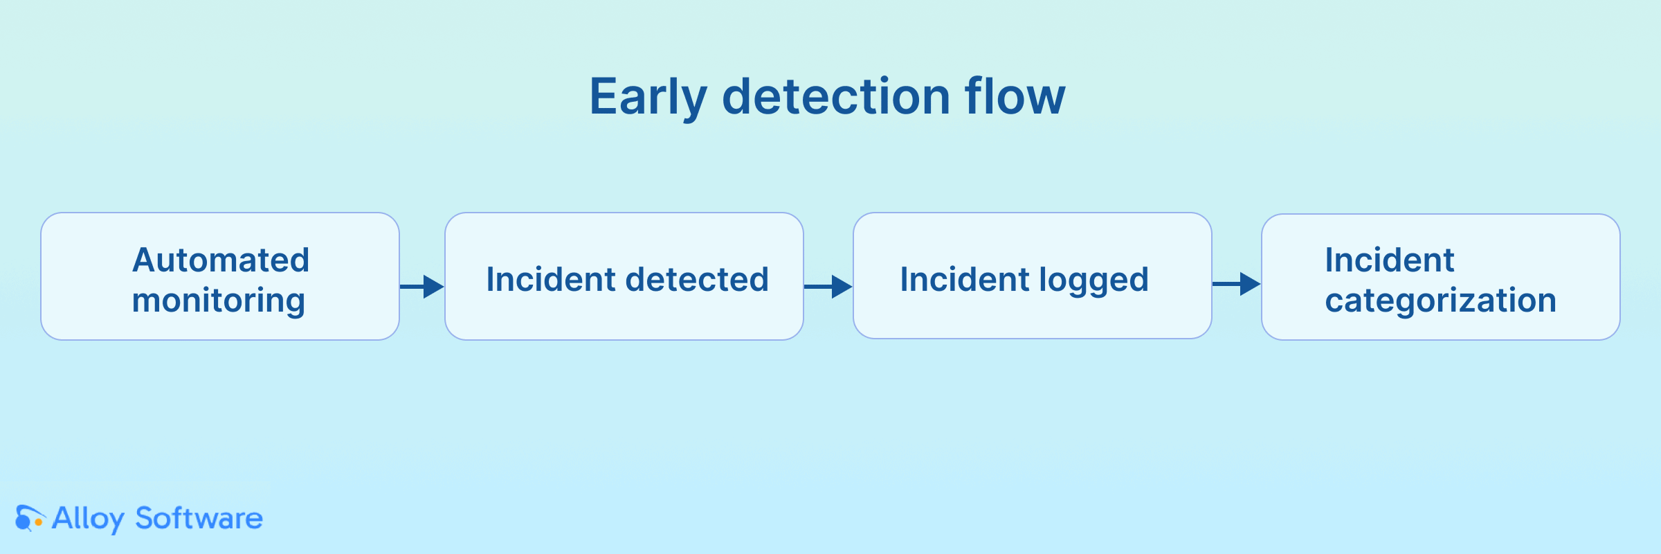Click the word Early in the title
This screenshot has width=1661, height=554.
(648, 97)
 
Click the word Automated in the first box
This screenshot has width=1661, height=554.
(221, 260)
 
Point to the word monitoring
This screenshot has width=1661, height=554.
(219, 301)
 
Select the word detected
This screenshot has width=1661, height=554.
(697, 280)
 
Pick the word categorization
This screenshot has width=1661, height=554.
(1441, 301)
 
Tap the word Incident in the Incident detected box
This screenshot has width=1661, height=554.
(551, 280)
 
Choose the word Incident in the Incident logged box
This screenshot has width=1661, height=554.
(965, 280)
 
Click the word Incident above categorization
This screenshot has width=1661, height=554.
(1390, 260)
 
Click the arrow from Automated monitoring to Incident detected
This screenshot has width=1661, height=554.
(422, 286)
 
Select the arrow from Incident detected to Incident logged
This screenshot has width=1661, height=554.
(828, 286)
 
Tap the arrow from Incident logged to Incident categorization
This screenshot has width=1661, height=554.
(1237, 283)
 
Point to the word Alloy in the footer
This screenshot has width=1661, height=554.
(89, 519)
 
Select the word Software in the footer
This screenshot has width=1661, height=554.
(199, 518)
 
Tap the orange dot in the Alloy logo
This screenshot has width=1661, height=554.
(39, 522)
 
